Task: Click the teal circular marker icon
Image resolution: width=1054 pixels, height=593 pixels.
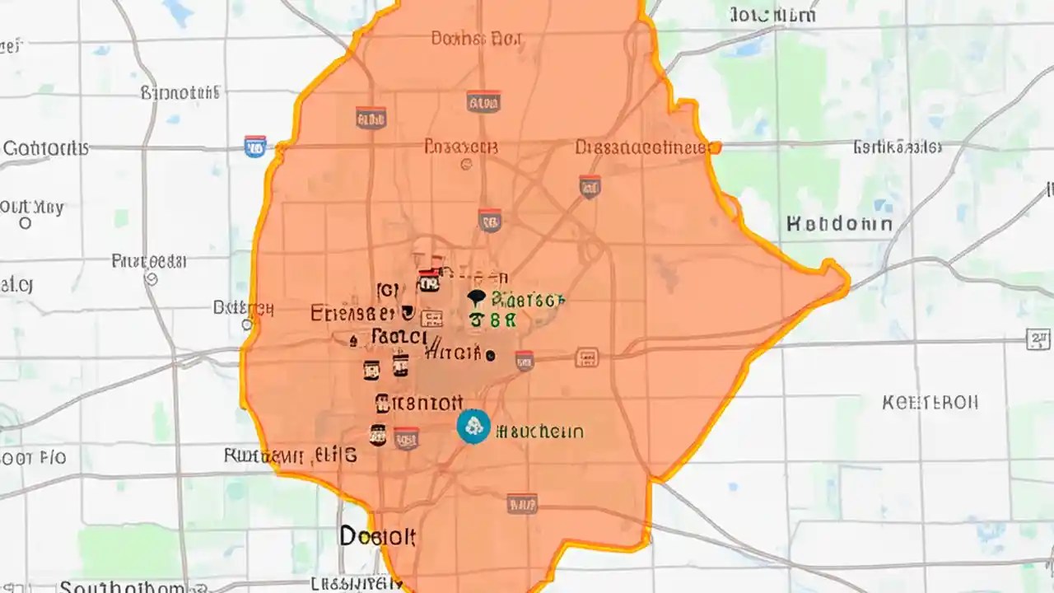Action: [473, 427]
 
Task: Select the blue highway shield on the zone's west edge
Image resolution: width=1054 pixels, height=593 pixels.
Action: [255, 147]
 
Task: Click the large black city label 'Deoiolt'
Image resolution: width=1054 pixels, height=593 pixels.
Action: [378, 537]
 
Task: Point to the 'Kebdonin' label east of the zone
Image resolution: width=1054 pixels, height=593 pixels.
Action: [839, 223]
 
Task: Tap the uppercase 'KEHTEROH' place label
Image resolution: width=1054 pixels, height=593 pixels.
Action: [930, 403]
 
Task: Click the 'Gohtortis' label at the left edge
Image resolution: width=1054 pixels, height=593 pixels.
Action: [45, 148]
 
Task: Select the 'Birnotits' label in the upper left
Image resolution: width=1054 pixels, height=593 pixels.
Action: [180, 92]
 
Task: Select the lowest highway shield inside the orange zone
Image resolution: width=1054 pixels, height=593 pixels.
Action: [522, 503]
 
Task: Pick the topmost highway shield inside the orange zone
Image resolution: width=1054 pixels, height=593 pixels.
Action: [483, 101]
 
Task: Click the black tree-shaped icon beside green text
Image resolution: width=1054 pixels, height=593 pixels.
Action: [475, 299]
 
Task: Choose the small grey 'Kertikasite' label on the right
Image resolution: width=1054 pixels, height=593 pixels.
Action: [897, 148]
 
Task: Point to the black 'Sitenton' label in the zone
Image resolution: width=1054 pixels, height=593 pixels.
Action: [418, 403]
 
